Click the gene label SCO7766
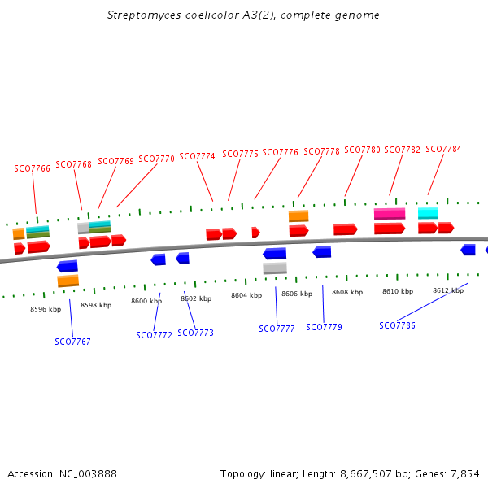point(32,168)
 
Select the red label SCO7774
point(197,156)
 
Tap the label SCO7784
point(443,149)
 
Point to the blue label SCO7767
point(72,342)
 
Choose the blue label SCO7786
point(397,325)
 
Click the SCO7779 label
point(324,327)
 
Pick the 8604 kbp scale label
point(246,295)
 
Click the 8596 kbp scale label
point(46,309)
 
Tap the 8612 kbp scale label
point(448,290)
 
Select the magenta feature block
point(390,214)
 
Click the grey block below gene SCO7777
point(275,268)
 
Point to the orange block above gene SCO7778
point(298,216)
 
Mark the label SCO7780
point(362,150)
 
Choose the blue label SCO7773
point(195,333)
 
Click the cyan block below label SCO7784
point(428,213)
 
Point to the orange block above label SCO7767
point(68,281)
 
